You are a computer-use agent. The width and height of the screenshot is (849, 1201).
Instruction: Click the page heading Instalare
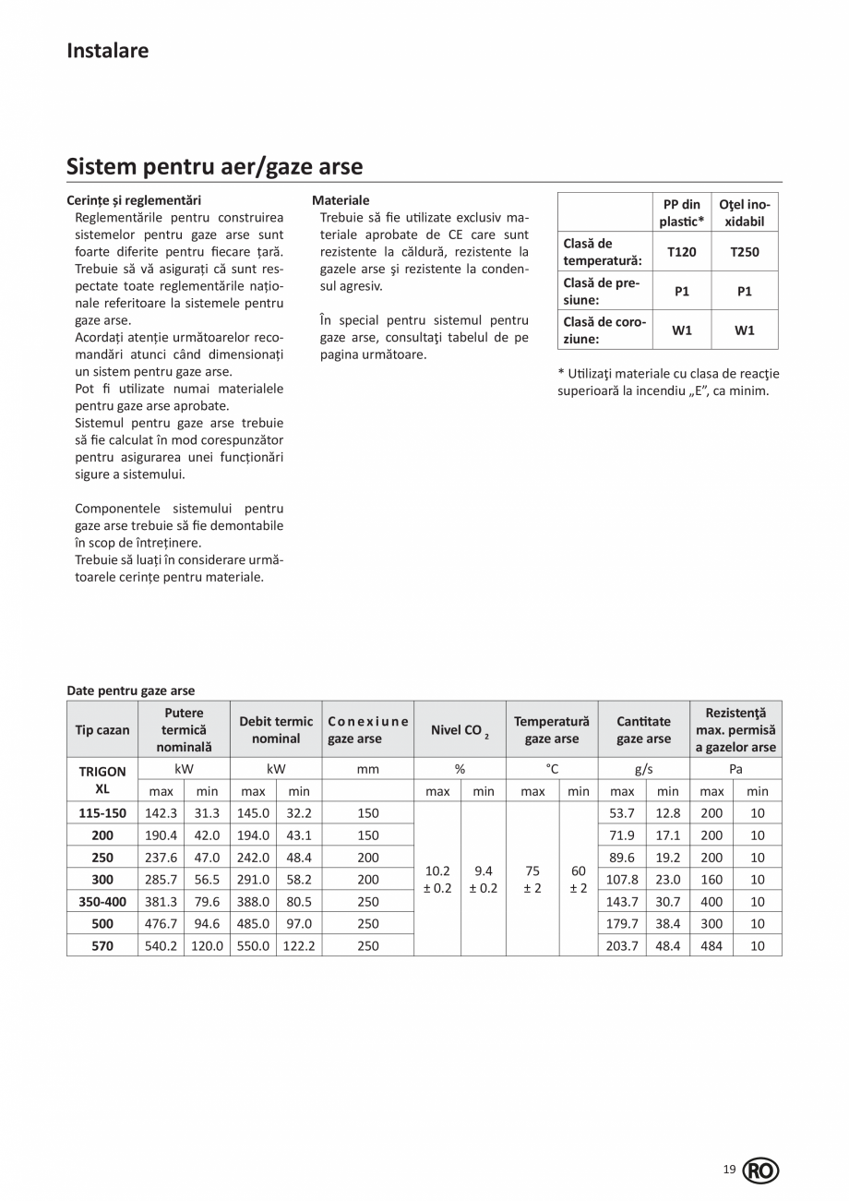(x=107, y=51)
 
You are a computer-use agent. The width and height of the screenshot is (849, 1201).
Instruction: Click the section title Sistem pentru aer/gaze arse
(x=214, y=167)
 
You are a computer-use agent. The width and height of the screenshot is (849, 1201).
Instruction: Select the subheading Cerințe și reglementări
(x=134, y=200)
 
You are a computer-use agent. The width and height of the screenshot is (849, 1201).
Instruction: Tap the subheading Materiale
(x=341, y=200)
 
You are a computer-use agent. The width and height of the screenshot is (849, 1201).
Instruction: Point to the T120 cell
(x=682, y=251)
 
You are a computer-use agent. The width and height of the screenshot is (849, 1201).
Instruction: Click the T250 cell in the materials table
(x=745, y=251)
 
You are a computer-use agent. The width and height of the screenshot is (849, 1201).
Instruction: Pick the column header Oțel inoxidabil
(x=745, y=213)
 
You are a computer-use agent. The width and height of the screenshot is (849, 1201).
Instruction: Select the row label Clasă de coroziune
(x=604, y=330)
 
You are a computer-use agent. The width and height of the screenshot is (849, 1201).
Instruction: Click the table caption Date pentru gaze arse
(x=131, y=691)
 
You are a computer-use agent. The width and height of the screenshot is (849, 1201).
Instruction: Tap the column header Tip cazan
(x=102, y=729)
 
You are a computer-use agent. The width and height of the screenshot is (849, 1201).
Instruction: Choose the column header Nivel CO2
(x=460, y=730)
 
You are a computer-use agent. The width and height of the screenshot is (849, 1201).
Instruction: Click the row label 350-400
(x=102, y=901)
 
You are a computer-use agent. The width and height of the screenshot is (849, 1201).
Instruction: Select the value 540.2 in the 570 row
(x=161, y=945)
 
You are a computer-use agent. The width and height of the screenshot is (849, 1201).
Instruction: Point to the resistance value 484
(x=711, y=945)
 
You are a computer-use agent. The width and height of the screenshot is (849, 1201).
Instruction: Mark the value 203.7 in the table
(x=623, y=945)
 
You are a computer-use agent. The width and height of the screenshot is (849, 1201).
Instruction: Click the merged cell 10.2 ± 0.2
(x=437, y=879)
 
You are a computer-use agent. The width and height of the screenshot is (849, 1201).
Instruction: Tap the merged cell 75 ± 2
(x=532, y=879)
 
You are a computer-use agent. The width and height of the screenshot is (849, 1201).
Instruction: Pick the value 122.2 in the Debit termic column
(x=299, y=945)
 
